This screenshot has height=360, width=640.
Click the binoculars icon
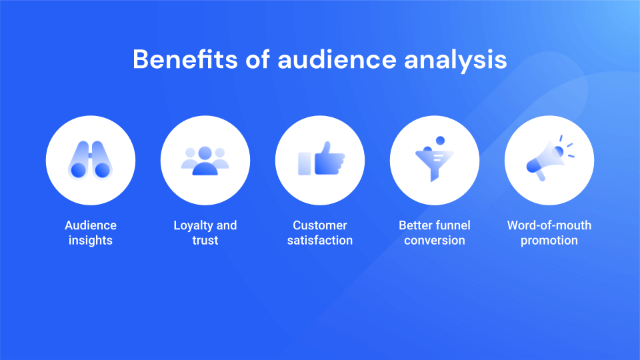pyautogui.click(x=91, y=161)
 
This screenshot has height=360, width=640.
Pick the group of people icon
pyautogui.click(x=205, y=161)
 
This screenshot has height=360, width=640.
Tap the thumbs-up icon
pyautogui.click(x=321, y=159)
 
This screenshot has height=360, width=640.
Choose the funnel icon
pyautogui.click(x=434, y=162)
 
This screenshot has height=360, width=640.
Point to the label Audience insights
pyautogui.click(x=91, y=233)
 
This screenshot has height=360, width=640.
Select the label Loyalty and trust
pyautogui.click(x=205, y=233)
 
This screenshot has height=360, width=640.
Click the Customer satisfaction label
pyautogui.click(x=320, y=233)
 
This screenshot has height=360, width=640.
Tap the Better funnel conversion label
pyautogui.click(x=435, y=233)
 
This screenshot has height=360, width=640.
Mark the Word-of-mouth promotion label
pyautogui.click(x=549, y=233)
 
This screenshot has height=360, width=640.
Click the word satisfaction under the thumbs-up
pyautogui.click(x=320, y=241)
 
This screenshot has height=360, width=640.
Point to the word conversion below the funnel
pyautogui.click(x=435, y=241)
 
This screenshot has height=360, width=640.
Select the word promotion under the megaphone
pyautogui.click(x=549, y=241)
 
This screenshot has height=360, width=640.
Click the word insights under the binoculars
pyautogui.click(x=91, y=241)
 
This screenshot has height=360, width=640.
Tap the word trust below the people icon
pyautogui.click(x=205, y=241)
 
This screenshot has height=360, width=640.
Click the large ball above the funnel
pyautogui.click(x=439, y=140)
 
